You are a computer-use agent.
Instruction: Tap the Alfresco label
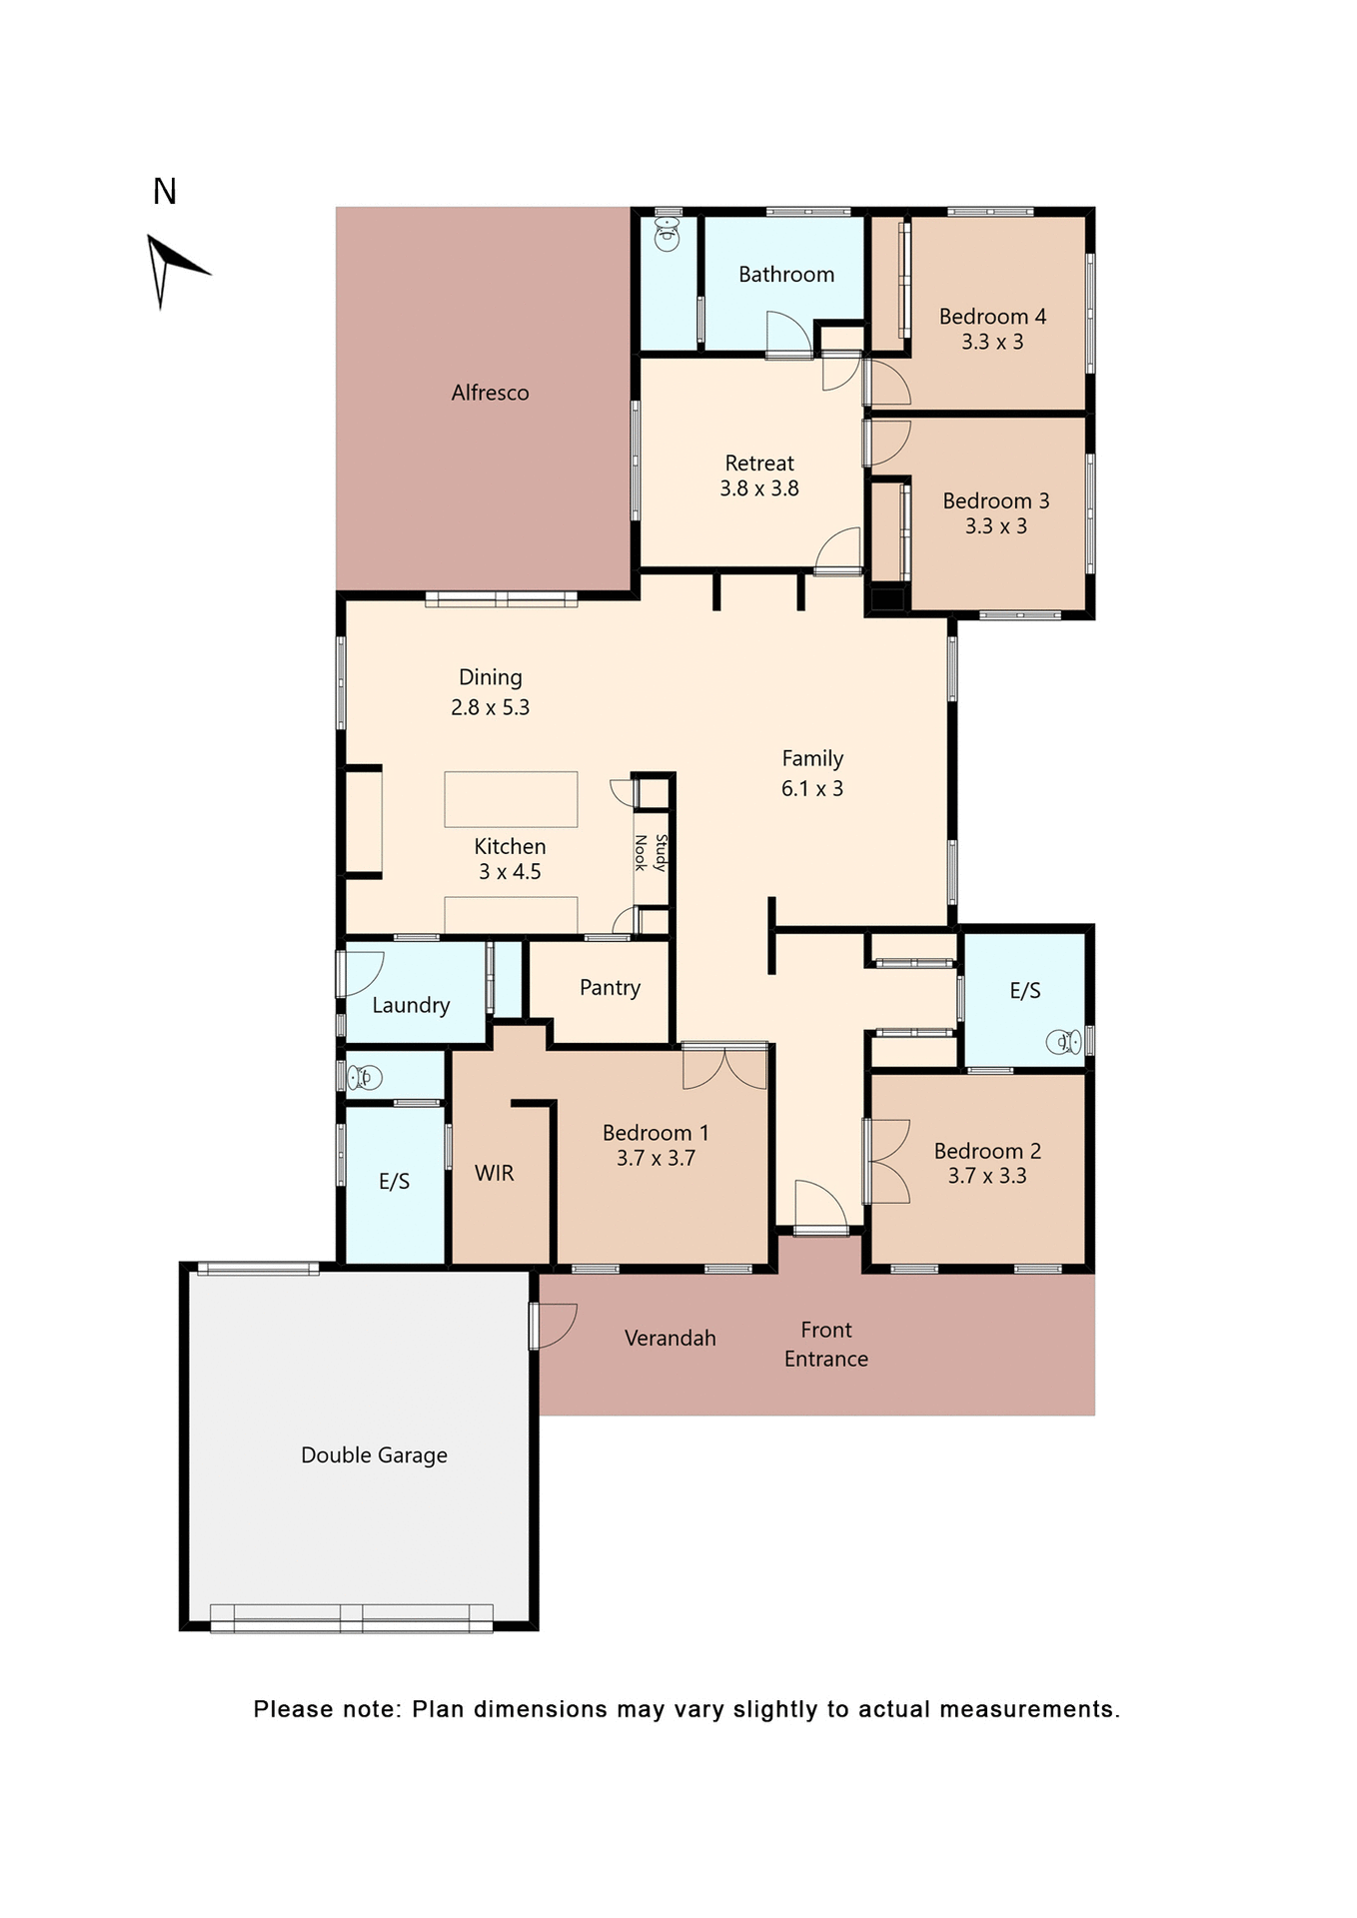(x=490, y=393)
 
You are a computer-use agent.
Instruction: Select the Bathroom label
(x=785, y=275)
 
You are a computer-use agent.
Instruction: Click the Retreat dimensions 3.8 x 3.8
(x=758, y=488)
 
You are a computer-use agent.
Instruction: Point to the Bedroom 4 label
(x=991, y=317)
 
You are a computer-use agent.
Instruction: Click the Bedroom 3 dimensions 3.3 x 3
(x=995, y=526)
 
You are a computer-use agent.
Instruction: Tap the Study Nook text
(x=651, y=853)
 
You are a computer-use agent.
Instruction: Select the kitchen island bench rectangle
(x=511, y=798)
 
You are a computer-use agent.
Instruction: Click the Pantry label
(x=610, y=988)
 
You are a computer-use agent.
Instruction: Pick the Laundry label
(x=411, y=1005)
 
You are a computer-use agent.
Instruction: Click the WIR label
(x=494, y=1173)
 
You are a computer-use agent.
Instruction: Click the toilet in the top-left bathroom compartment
(x=667, y=237)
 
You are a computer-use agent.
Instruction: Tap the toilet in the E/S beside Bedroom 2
(x=1063, y=1042)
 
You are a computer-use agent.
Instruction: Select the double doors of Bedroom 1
(x=724, y=1067)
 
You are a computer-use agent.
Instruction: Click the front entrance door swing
(x=820, y=1205)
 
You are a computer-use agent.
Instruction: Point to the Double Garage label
(x=374, y=1454)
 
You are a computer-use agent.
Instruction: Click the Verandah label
(x=670, y=1338)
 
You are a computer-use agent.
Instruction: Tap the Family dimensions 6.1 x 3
(x=811, y=788)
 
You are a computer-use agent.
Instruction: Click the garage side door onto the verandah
(x=553, y=1326)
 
